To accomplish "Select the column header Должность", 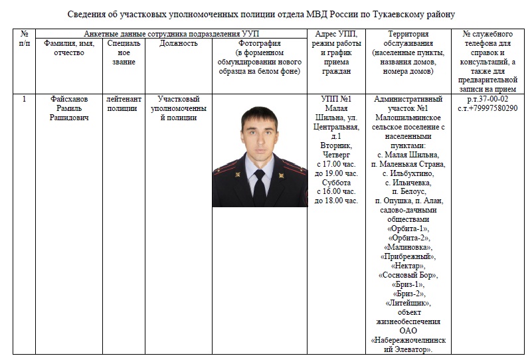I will point(179,43).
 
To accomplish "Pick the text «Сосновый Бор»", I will point(408,274).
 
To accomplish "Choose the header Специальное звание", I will point(124,52).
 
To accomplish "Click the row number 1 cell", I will point(25,100).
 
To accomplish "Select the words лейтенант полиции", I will point(124,104).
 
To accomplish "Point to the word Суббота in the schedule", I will point(335,182).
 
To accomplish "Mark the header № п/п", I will point(25,39).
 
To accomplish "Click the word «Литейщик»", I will point(408,302).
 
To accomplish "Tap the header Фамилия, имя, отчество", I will point(69,48).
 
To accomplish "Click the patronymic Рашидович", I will point(69,118).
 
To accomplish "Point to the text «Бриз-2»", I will point(408,293).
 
